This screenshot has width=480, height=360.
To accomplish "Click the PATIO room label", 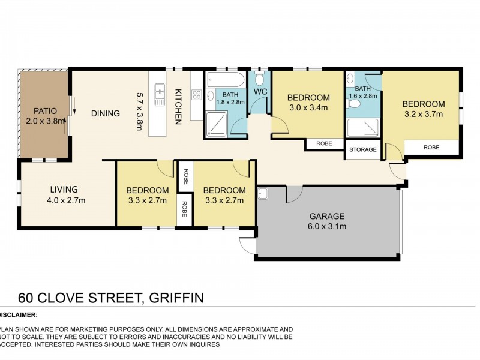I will tap(44, 110).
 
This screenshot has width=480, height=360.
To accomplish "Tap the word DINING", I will tap(106, 113).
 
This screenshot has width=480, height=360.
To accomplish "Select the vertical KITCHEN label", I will tap(178, 107).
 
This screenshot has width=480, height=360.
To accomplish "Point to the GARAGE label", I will tap(327, 216).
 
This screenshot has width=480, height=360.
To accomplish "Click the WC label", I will tap(260, 92).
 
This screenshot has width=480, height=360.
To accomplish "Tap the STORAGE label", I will tap(362, 149).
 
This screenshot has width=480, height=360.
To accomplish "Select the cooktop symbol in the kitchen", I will tap(196, 94).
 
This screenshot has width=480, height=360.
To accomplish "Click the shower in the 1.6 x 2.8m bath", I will tap(363, 127).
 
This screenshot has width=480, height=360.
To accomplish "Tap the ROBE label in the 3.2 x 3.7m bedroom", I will tap(431, 146).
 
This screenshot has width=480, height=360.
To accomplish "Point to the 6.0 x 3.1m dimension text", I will tap(327, 226).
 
